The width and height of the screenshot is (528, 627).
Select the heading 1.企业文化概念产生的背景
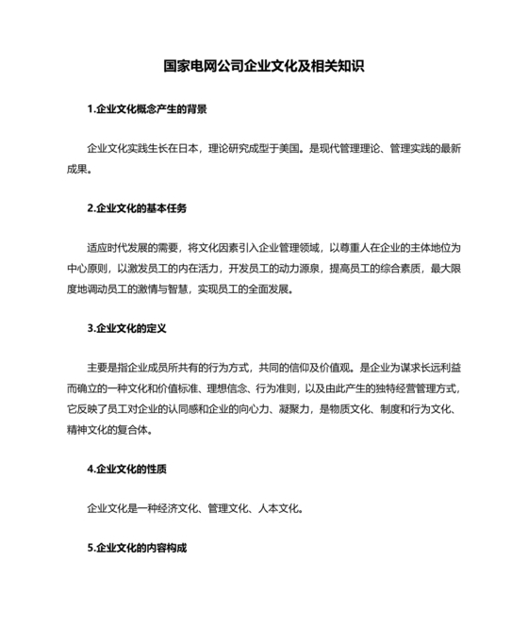(x=146, y=109)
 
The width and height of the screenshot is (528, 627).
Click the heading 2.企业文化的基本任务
(x=137, y=208)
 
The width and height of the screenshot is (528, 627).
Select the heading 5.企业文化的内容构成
(x=137, y=548)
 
